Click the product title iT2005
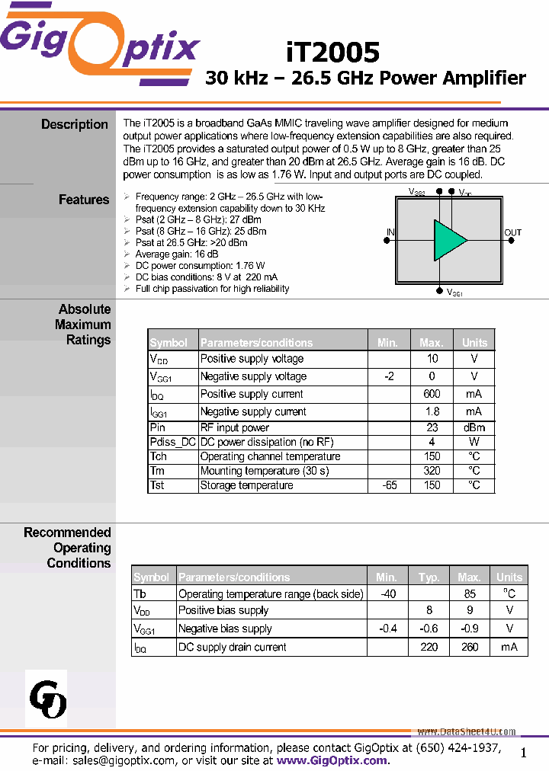333,52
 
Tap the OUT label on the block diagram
513,233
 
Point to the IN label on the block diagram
390,233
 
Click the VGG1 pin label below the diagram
454,293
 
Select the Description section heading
75,124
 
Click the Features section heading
84,200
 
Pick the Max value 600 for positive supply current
432,394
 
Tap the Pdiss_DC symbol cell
173,442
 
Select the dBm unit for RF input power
474,427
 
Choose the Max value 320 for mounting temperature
432,471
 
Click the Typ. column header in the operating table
429,577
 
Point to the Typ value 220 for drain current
429,647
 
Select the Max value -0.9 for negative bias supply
470,629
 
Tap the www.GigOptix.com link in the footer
332,760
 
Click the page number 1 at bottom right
523,753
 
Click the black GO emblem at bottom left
47,699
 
